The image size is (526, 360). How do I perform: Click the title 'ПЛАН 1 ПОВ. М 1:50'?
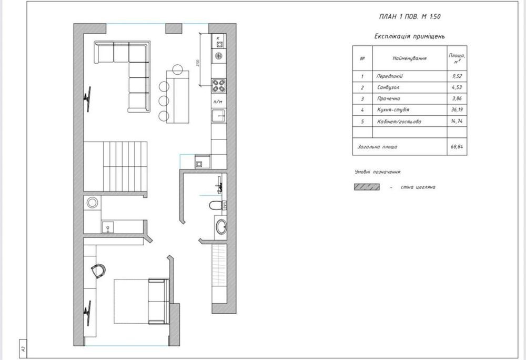tap(409, 16)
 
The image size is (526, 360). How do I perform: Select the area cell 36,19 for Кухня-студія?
tap(457, 109)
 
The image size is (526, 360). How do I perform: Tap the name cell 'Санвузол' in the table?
tap(388, 87)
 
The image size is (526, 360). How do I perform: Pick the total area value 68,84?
tap(457, 147)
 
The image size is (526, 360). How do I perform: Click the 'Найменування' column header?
tap(410, 58)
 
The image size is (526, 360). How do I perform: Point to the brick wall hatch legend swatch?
tap(367, 187)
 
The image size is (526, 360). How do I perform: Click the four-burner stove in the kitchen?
tap(218, 85)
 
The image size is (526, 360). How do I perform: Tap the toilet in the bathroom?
tap(217, 205)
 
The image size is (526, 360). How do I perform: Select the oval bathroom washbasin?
tap(220, 226)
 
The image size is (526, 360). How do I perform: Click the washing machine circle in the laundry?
tap(92, 203)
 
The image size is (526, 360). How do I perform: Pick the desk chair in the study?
tap(98, 271)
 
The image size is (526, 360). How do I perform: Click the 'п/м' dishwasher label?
tap(218, 102)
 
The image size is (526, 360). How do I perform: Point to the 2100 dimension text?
tap(198, 63)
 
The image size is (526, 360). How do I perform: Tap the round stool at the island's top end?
tap(177, 69)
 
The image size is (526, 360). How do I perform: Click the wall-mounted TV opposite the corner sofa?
tap(87, 99)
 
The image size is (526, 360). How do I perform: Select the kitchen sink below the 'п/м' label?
tap(219, 115)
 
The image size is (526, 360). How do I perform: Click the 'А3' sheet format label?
tap(23, 348)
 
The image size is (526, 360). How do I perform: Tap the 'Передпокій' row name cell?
tap(389, 76)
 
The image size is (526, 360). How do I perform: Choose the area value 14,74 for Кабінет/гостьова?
tap(457, 121)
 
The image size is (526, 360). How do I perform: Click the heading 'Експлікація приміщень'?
tap(410, 36)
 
